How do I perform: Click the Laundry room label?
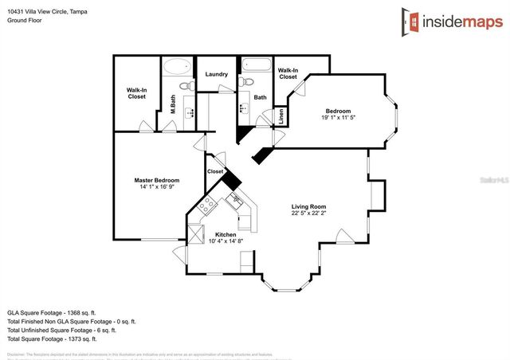(217, 75)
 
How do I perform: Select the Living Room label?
(308, 207)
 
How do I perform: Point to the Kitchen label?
(226, 234)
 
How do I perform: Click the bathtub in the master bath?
(178, 67)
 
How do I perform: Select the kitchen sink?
(237, 201)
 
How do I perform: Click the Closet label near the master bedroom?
(215, 171)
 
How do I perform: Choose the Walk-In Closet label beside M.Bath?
(136, 92)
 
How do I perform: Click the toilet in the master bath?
(183, 85)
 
